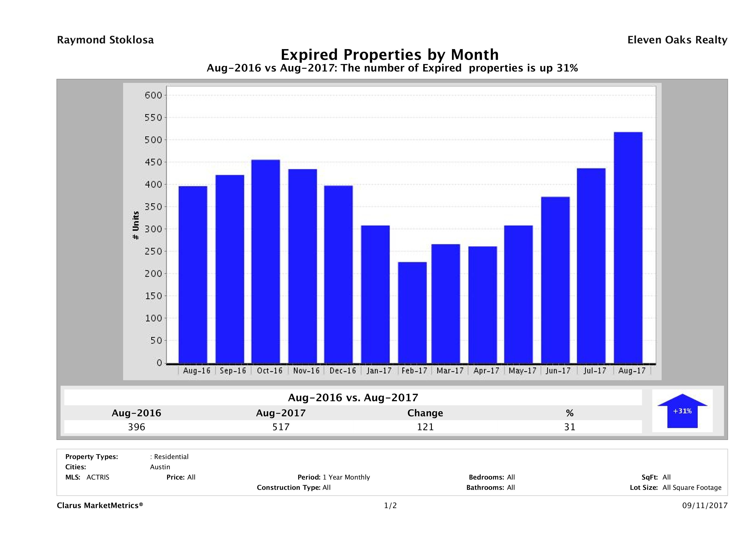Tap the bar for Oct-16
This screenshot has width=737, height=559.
click(x=266, y=261)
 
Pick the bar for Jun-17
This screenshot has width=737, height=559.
click(x=555, y=280)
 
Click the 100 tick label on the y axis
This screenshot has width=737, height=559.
click(x=153, y=318)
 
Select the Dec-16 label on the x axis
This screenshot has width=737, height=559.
click(x=343, y=370)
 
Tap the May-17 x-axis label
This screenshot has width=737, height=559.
click(x=522, y=370)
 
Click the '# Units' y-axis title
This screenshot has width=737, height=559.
click(x=136, y=226)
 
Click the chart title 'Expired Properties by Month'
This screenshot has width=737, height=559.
click(x=389, y=55)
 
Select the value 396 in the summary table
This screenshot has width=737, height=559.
click(x=137, y=427)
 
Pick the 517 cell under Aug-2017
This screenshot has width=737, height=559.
click(x=281, y=427)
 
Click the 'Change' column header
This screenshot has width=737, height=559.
click(x=425, y=413)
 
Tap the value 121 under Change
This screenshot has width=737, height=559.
click(x=425, y=427)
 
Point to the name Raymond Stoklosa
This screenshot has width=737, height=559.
click(x=105, y=40)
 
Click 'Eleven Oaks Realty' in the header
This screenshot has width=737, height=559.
click(x=677, y=40)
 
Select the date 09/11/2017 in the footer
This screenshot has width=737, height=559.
click(x=705, y=505)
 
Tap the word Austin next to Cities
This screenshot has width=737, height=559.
click(x=160, y=467)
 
